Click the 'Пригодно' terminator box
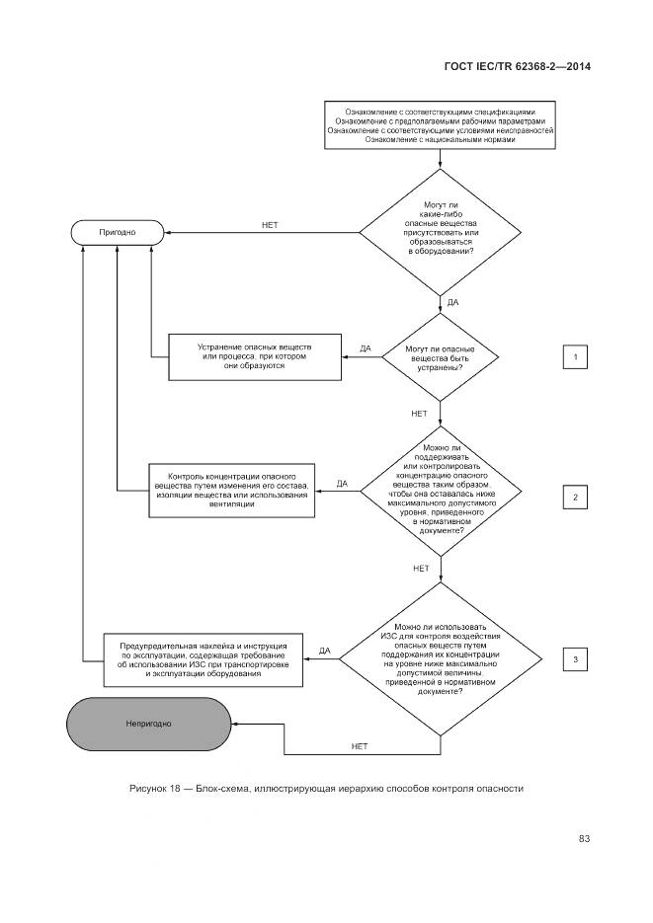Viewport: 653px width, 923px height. (119, 233)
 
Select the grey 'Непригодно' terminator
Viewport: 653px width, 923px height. (149, 724)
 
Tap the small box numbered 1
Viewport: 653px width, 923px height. (576, 357)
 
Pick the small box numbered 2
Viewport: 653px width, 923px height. (576, 497)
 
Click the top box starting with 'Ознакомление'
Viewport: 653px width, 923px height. (440, 125)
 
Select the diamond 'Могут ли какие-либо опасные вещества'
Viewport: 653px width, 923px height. (441, 233)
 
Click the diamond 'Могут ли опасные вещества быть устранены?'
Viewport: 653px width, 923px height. (441, 357)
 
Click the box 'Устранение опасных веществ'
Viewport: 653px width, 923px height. (255, 357)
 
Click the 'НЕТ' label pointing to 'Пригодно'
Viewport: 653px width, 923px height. (270, 225)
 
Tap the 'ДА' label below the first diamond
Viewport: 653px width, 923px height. (452, 302)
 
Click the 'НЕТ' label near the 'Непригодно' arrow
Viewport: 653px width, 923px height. (360, 746)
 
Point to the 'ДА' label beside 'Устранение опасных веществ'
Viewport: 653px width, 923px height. (366, 348)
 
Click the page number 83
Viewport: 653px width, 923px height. (584, 839)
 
